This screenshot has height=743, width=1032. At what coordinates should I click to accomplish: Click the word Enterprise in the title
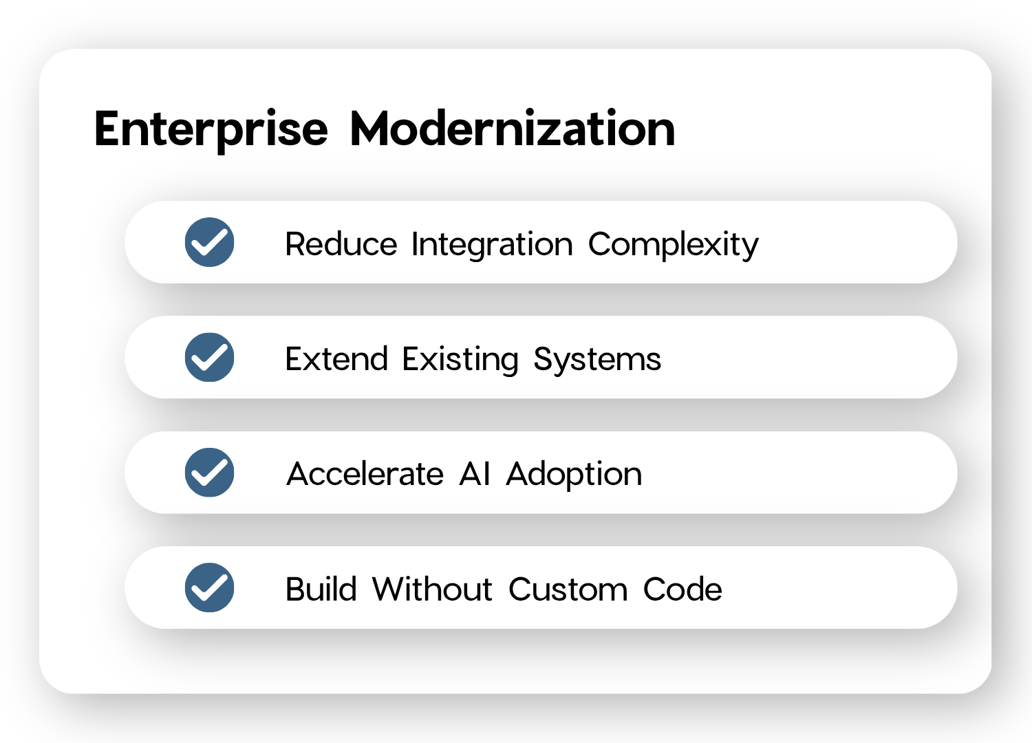pyautogui.click(x=211, y=131)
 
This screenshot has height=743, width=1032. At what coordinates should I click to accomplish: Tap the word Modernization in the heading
pyautogui.click(x=513, y=128)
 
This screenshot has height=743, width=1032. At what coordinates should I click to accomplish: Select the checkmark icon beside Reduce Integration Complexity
pyautogui.click(x=210, y=242)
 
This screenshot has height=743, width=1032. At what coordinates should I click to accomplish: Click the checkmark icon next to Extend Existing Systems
pyautogui.click(x=210, y=358)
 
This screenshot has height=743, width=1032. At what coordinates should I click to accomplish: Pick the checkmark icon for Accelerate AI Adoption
pyautogui.click(x=210, y=473)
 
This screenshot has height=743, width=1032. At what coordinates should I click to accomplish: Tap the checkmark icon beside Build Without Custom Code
pyautogui.click(x=210, y=588)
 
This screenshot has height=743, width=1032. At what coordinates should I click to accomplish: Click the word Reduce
pyautogui.click(x=341, y=244)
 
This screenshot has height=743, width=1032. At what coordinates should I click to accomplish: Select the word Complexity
pyautogui.click(x=673, y=245)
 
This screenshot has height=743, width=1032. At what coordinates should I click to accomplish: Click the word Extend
pyautogui.click(x=336, y=358)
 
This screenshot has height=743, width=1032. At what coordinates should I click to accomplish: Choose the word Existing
pyautogui.click(x=460, y=360)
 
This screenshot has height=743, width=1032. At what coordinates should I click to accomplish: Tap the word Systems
pyautogui.click(x=597, y=360)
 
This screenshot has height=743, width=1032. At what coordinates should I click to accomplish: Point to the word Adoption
pyautogui.click(x=574, y=475)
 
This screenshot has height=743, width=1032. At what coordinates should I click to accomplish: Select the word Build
pyautogui.click(x=321, y=589)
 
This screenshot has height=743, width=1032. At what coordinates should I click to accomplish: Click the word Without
pyautogui.click(x=433, y=589)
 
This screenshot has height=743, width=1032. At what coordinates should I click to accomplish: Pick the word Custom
pyautogui.click(x=568, y=589)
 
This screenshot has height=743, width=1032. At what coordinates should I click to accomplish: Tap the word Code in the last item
pyautogui.click(x=682, y=589)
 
